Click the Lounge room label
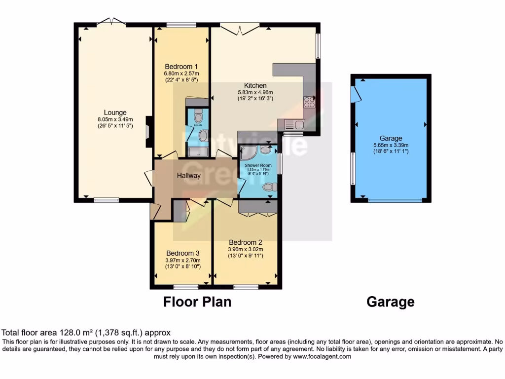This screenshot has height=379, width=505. click(115, 113)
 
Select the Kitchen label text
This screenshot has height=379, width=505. click(255, 85)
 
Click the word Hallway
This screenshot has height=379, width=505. click(189, 175)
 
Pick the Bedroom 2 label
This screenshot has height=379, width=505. click(245, 242)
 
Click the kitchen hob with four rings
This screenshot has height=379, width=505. click(310, 102)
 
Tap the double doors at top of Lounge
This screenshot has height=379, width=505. click(111, 21)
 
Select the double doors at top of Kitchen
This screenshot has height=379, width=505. click(240, 29)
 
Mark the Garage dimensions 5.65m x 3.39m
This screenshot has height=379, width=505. click(391, 145)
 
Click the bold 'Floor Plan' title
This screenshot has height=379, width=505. click(197, 302)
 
